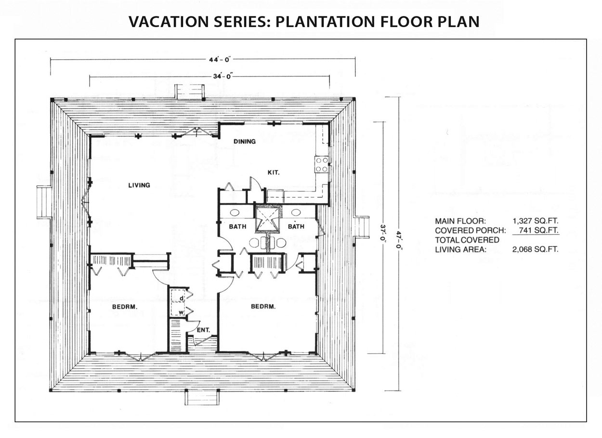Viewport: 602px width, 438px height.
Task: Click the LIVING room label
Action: [x=139, y=185]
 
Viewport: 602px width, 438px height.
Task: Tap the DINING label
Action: [x=244, y=141]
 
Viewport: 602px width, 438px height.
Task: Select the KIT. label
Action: [x=274, y=172]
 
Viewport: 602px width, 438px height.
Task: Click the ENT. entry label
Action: [x=203, y=330]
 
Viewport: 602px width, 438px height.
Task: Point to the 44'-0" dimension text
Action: [x=220, y=59]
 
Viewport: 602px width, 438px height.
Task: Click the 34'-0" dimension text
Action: [x=222, y=76]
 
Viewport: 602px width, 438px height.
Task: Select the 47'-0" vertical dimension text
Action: [x=399, y=240]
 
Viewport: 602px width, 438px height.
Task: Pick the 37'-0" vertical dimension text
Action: [x=383, y=234]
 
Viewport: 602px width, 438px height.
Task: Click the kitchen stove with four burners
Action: [x=322, y=165]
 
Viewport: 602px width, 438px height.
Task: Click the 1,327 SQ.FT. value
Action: [x=536, y=221]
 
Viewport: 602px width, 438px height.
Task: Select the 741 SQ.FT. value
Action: [x=538, y=230]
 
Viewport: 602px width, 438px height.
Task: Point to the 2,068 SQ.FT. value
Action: [x=535, y=249]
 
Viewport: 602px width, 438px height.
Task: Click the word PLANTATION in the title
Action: [x=326, y=22]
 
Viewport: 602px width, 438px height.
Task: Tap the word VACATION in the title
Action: [x=169, y=22]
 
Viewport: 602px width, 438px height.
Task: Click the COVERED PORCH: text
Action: [x=471, y=231]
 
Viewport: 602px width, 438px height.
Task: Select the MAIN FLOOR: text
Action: [x=460, y=221]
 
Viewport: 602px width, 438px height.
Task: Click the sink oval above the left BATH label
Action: [x=235, y=213]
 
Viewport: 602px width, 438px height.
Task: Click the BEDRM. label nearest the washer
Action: [x=125, y=307]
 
